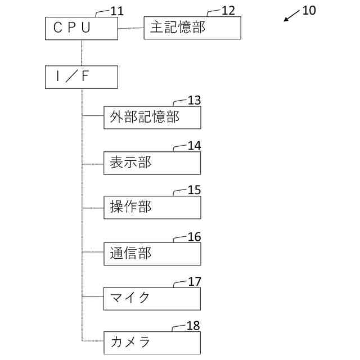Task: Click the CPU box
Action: click(81, 28)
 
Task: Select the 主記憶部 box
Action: click(192, 28)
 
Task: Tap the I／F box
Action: click(81, 77)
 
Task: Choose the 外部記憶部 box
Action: click(152, 118)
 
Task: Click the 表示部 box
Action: click(152, 163)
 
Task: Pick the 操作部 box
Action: click(152, 208)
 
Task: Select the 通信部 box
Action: click(152, 254)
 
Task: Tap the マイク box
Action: click(152, 298)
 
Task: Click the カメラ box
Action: click(152, 343)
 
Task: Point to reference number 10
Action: click(309, 10)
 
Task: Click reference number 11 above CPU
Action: click(118, 11)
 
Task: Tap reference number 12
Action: click(229, 11)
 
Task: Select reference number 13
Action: click(194, 101)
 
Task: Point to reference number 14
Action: click(194, 146)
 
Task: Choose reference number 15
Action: click(194, 191)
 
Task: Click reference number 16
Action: click(194, 237)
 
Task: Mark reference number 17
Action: click(194, 281)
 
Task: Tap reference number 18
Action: click(194, 326)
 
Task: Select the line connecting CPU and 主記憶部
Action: click(131, 28)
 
